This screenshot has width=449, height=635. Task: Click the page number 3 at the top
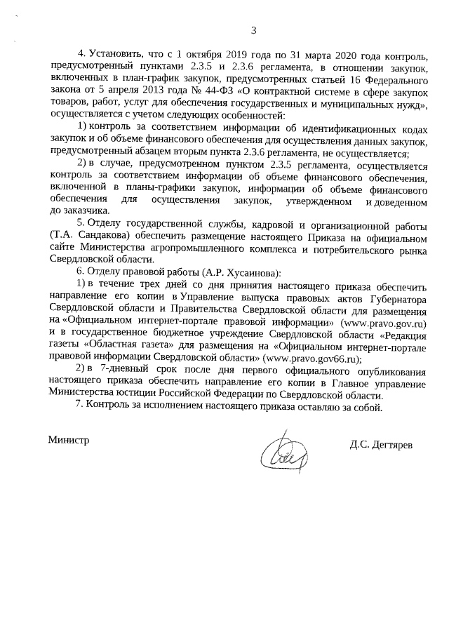(x=253, y=29)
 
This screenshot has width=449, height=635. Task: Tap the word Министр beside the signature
(x=69, y=439)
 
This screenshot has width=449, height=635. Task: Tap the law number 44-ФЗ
(x=220, y=90)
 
